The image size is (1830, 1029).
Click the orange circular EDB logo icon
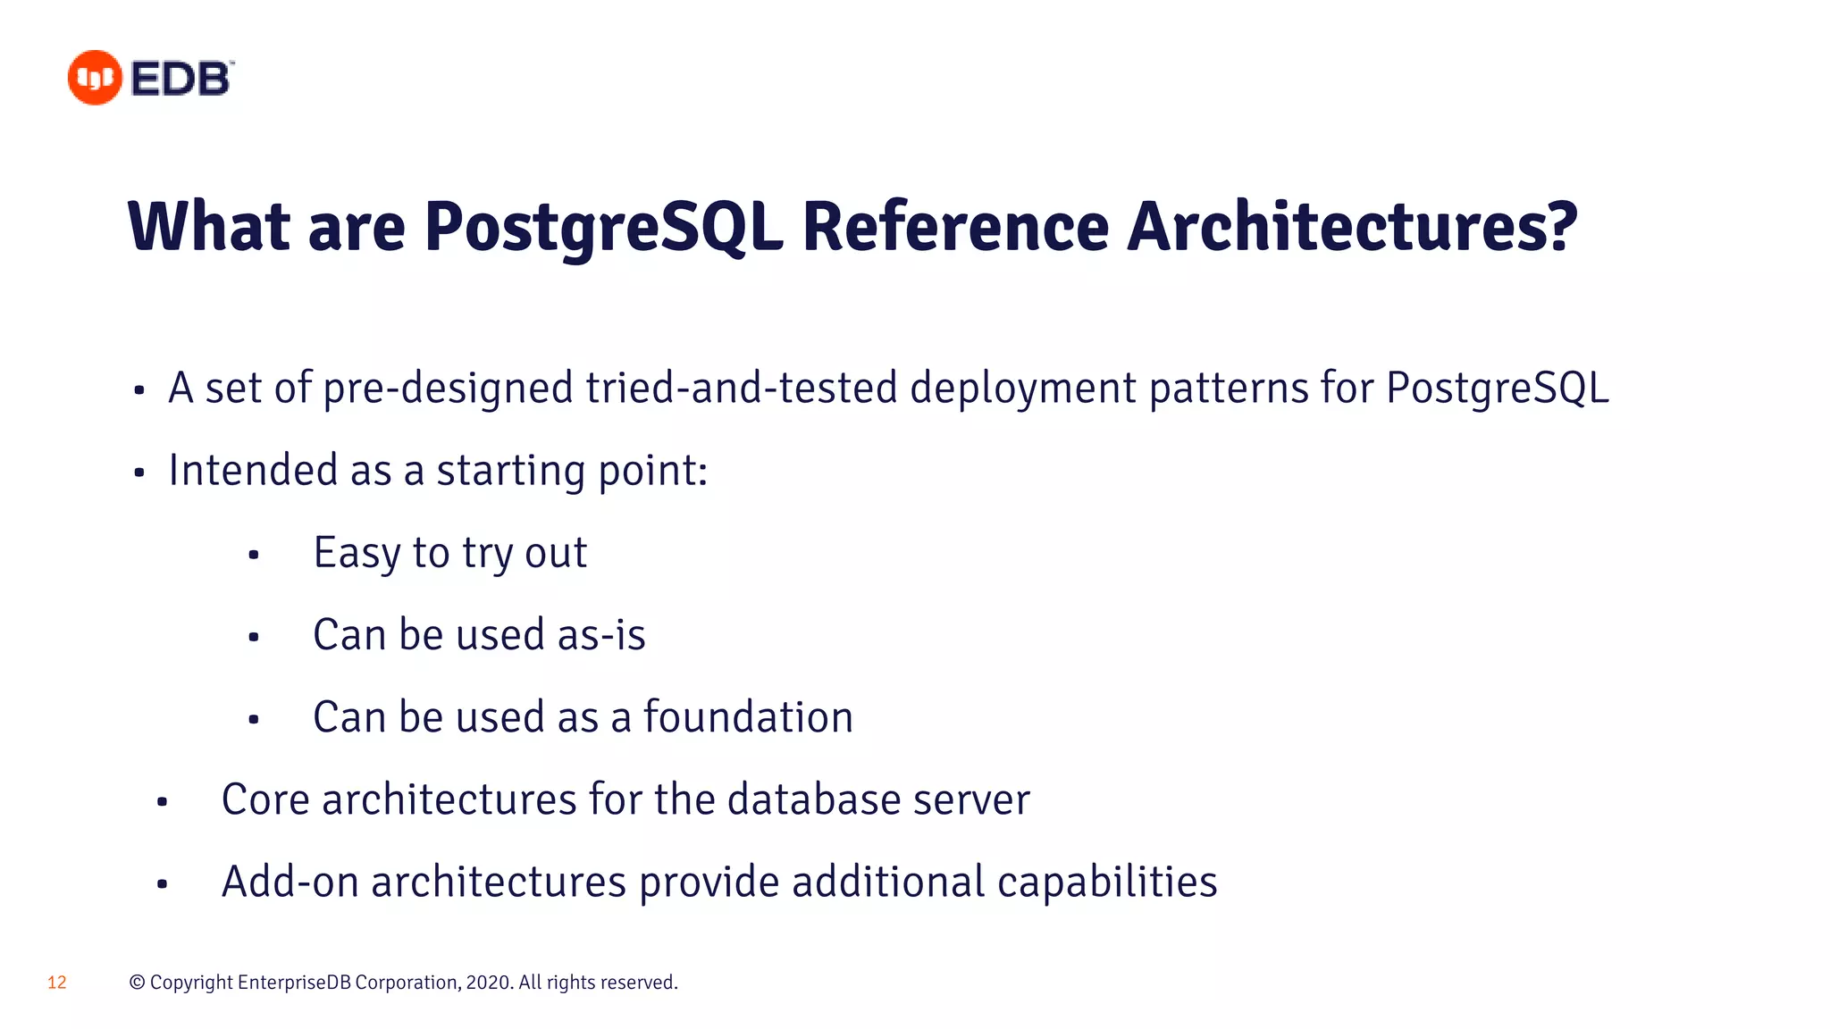tap(95, 78)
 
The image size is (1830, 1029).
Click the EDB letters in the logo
tap(181, 79)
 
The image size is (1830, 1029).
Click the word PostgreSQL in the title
tap(603, 227)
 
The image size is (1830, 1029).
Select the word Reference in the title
tap(955, 227)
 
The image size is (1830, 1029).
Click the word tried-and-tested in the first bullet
tap(741, 389)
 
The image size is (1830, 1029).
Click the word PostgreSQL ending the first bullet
tap(1497, 389)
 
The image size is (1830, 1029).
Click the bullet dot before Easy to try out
tap(254, 556)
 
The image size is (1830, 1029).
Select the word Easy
tap(357, 554)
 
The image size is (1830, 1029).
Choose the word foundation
tap(748, 717)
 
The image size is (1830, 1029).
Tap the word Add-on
tap(290, 882)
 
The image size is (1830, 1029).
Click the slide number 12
tap(57, 983)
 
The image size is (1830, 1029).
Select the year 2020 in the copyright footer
tap(488, 983)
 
